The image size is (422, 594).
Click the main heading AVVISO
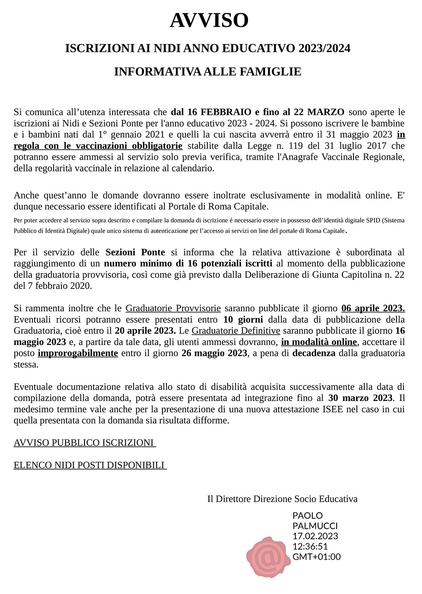pyautogui.click(x=209, y=20)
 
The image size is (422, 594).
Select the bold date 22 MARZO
pyautogui.click(x=320, y=112)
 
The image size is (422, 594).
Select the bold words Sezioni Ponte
pyautogui.click(x=135, y=252)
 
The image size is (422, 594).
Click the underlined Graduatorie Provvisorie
pyautogui.click(x=173, y=308)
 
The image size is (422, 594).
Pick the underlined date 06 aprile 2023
pyautogui.click(x=373, y=308)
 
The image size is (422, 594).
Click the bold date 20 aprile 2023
pyautogui.click(x=145, y=331)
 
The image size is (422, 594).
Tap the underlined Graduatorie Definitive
pyautogui.click(x=236, y=331)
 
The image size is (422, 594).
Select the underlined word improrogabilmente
pyautogui.click(x=78, y=353)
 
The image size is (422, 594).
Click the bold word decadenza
pyautogui.click(x=314, y=353)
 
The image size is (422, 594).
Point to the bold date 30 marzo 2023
pyautogui.click(x=360, y=398)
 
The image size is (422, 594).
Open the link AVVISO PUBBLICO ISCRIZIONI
pyautogui.click(x=84, y=443)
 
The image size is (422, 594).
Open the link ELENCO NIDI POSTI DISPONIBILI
pyautogui.click(x=89, y=465)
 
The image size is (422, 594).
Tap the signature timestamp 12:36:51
pyautogui.click(x=310, y=547)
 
